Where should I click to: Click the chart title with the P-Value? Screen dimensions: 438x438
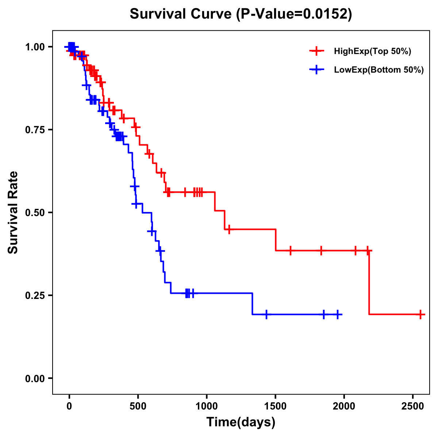(x=241, y=14)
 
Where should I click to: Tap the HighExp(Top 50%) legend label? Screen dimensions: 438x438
(x=372, y=51)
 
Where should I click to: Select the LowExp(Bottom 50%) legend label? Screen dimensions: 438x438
(x=379, y=70)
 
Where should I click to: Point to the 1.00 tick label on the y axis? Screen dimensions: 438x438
(x=35, y=47)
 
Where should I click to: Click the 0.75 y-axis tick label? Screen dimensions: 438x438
(x=35, y=130)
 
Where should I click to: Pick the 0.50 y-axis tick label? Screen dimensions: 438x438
(x=35, y=213)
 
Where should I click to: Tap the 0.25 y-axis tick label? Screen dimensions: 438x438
(x=35, y=295)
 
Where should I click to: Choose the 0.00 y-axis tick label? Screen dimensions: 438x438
(x=35, y=379)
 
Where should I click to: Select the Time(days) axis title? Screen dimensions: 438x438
(x=241, y=422)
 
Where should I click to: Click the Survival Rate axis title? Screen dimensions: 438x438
(x=14, y=212)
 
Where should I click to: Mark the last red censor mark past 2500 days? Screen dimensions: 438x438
(x=420, y=314)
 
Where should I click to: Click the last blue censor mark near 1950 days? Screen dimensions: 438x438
(x=338, y=314)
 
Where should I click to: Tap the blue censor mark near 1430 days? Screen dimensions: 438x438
(x=266, y=314)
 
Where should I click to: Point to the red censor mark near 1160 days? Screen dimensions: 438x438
(x=229, y=230)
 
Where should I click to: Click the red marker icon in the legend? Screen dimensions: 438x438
(x=316, y=51)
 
